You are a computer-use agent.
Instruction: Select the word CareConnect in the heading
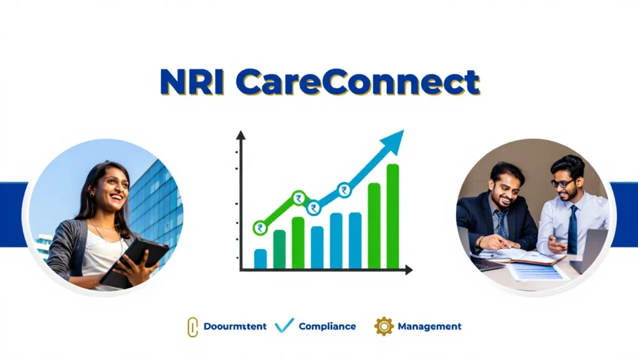tap(358, 83)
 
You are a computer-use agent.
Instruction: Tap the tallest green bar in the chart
tap(393, 216)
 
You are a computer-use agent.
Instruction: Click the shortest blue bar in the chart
tap(260, 258)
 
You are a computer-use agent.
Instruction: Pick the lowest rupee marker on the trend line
tap(260, 228)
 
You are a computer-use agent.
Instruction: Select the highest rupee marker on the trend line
tap(344, 190)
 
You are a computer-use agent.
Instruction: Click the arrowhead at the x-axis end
tap(409, 270)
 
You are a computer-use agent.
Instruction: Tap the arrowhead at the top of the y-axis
tap(241, 135)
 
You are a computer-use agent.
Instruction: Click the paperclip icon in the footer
tap(193, 326)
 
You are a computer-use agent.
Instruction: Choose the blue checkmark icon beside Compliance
tap(284, 325)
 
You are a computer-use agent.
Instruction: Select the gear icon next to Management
tap(384, 326)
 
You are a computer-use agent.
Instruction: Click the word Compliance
tap(327, 326)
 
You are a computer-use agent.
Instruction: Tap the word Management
tap(429, 326)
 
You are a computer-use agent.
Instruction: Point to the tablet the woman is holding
tap(135, 262)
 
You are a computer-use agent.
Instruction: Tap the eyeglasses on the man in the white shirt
tap(563, 182)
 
